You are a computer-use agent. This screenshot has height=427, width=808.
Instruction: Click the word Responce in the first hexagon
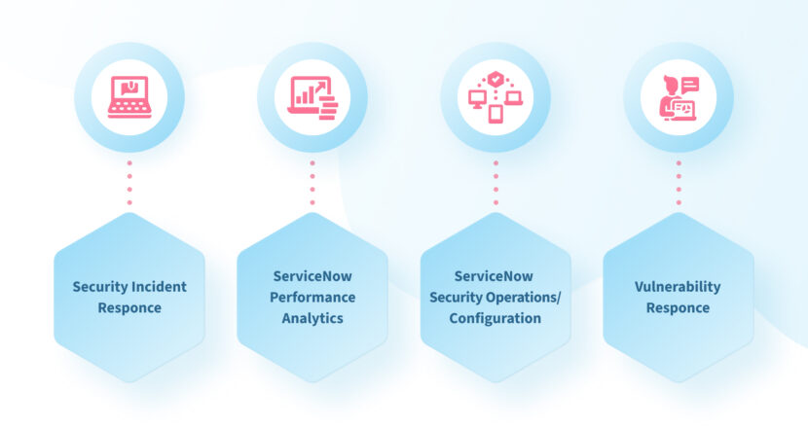[129, 308]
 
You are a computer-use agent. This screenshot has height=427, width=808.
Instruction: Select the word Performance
[312, 297]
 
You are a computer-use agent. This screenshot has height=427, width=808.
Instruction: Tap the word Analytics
[312, 318]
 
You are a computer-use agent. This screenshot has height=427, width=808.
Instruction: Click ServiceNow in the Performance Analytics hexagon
[312, 276]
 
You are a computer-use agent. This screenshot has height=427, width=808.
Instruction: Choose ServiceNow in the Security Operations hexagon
[496, 276]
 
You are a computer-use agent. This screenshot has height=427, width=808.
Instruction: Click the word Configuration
[496, 318]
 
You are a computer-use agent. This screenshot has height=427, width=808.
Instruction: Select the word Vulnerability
[679, 287]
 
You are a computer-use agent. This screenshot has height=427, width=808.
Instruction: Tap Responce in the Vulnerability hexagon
[679, 308]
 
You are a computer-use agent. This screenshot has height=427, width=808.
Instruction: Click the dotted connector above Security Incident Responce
[129, 183]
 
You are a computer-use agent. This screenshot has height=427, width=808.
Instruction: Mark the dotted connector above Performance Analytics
[312, 183]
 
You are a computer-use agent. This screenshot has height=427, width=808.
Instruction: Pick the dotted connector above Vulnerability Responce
[679, 183]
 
